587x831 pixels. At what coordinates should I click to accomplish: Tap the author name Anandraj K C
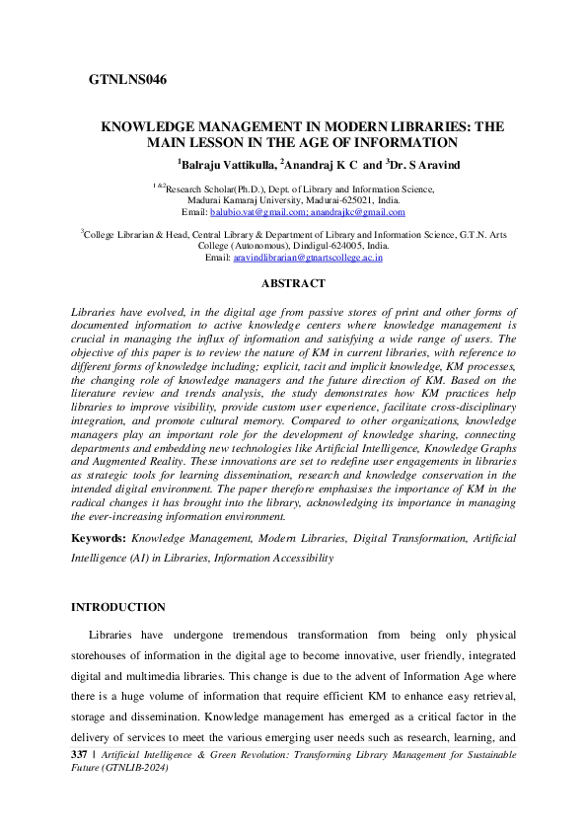pos(317,164)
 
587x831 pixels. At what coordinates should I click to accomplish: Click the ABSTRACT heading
pos(293,284)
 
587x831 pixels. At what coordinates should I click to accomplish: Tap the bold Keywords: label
pos(98,539)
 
